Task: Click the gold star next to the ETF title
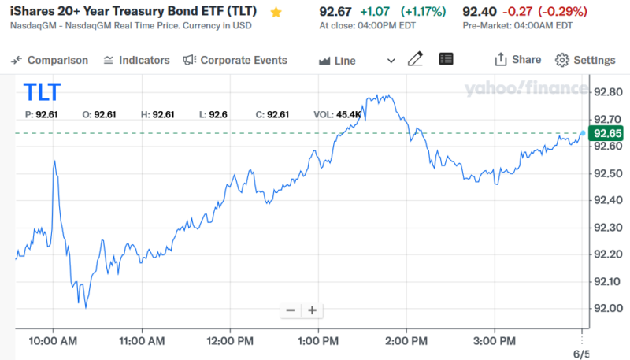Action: point(276,13)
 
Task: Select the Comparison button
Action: point(50,61)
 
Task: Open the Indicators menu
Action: point(136,61)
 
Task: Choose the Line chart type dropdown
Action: point(357,61)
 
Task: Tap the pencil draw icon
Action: point(416,60)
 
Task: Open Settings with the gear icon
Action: point(585,61)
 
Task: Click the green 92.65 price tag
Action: point(608,133)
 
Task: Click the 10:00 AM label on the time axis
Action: point(54,341)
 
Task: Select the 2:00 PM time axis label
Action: point(406,341)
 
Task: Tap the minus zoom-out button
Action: point(291,310)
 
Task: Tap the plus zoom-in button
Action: point(312,310)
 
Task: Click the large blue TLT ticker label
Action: point(42,92)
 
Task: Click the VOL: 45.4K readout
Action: point(337,115)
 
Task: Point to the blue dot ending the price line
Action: point(583,132)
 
